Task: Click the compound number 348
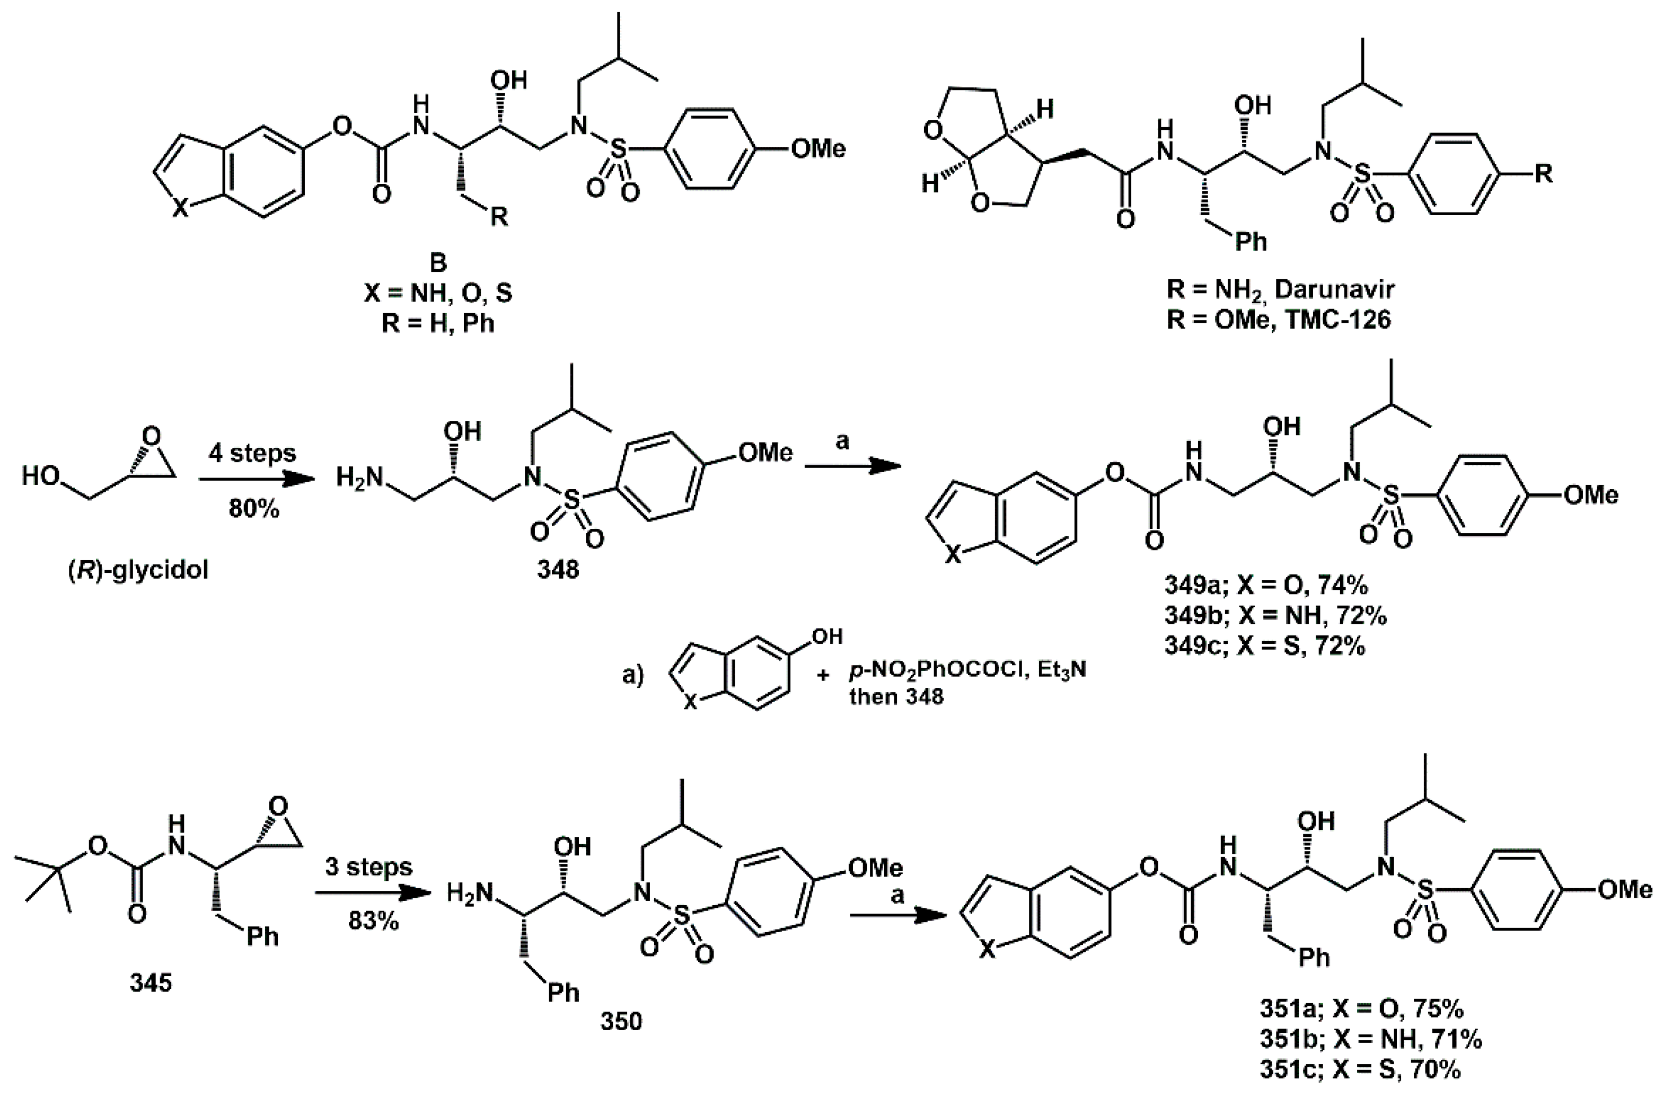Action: tap(558, 570)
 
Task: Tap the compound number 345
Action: tap(151, 983)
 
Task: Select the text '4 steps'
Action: tap(252, 454)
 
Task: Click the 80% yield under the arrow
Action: tap(253, 509)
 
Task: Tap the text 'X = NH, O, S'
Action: tap(438, 293)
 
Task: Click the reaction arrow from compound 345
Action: tap(371, 894)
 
